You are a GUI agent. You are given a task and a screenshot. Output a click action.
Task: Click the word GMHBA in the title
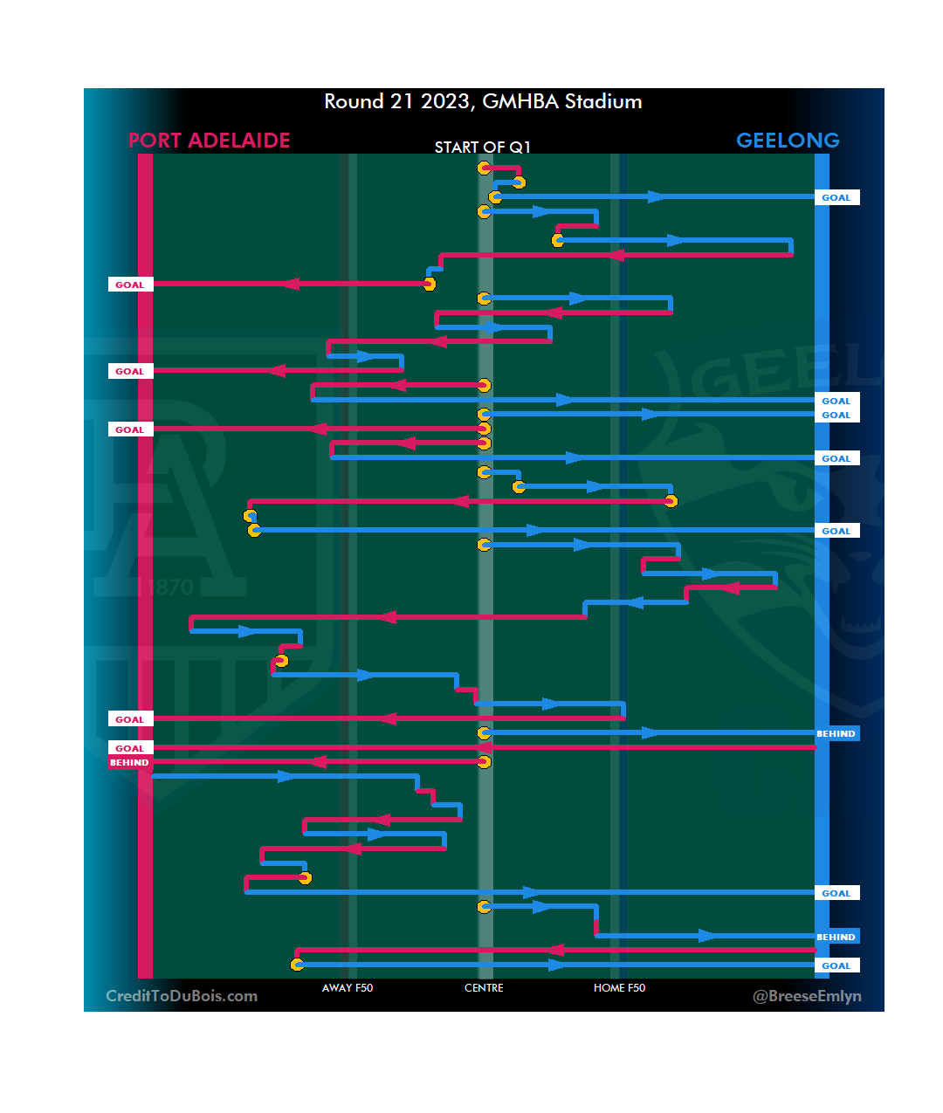[x=520, y=101]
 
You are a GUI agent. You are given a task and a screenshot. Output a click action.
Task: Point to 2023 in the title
[x=445, y=101]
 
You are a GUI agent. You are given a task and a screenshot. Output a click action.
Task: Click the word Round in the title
[x=354, y=101]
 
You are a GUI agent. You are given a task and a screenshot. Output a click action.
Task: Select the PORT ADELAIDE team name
[x=209, y=141]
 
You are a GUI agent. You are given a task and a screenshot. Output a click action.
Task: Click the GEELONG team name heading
[x=788, y=141]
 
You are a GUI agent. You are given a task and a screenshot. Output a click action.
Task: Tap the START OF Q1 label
[x=482, y=147]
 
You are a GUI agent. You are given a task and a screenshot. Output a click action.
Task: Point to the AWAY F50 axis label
[x=348, y=988]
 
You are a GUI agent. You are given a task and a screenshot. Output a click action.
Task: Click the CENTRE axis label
[x=484, y=988]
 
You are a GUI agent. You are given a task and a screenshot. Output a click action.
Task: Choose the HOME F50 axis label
[x=619, y=988]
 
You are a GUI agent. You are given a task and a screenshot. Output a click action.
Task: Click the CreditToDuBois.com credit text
[x=182, y=996]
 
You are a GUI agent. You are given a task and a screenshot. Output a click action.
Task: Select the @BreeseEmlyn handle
[x=807, y=996]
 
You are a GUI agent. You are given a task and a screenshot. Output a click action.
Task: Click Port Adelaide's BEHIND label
[x=129, y=763]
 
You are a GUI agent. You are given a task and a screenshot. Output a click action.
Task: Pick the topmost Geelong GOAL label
[x=836, y=198]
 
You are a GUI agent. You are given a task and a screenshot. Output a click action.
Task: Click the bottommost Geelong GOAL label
[x=836, y=965]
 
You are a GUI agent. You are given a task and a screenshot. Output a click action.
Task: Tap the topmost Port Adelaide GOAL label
[x=129, y=285]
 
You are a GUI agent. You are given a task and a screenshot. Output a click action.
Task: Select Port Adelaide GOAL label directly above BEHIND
[x=129, y=748]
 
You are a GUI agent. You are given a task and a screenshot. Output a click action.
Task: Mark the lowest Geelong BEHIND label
[x=836, y=937]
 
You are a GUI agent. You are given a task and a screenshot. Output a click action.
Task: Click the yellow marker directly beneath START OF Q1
[x=484, y=168]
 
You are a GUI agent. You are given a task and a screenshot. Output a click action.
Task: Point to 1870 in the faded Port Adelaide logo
[x=166, y=587]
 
